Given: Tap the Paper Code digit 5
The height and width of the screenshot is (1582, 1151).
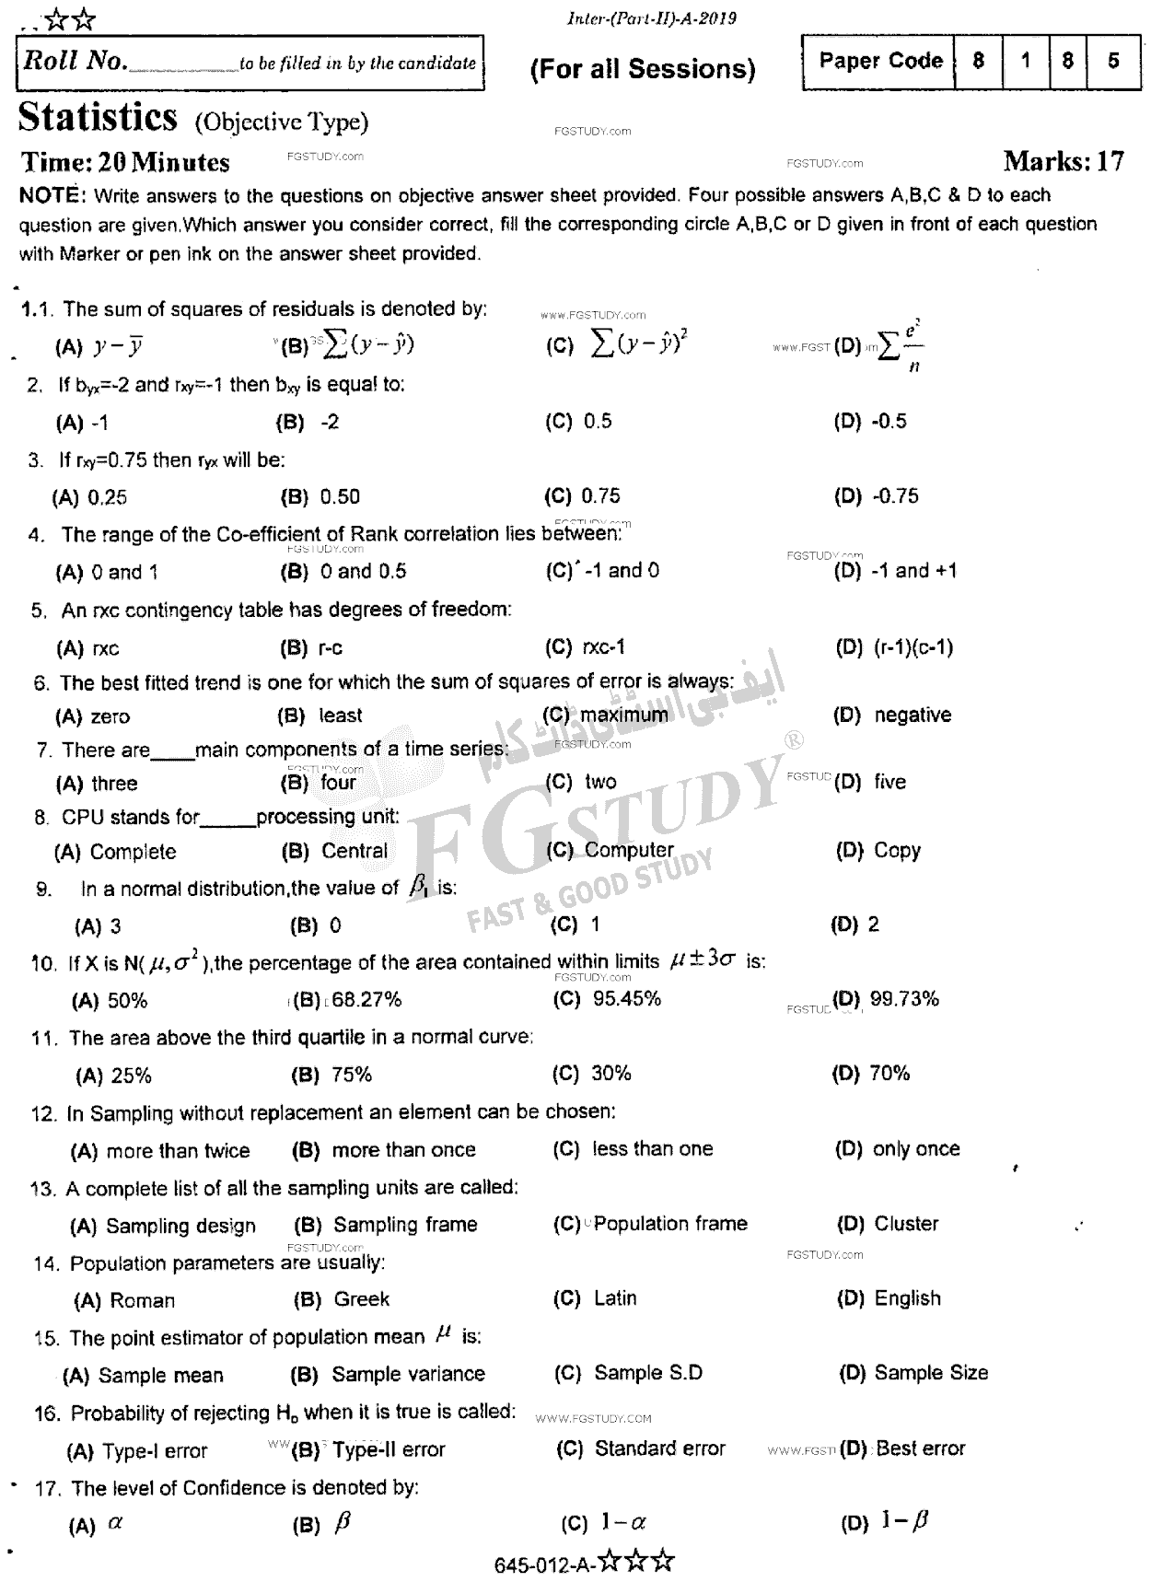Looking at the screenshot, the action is (x=1113, y=61).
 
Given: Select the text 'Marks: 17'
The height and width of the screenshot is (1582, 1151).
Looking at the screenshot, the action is (x=1064, y=162).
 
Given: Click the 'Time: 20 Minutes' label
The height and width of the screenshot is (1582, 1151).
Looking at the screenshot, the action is (x=125, y=163).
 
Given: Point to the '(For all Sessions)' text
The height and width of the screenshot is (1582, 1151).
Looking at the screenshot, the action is (x=643, y=69).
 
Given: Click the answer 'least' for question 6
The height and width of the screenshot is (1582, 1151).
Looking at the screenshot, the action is (x=340, y=715).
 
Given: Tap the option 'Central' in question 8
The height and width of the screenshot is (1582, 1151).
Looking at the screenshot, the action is (x=355, y=851).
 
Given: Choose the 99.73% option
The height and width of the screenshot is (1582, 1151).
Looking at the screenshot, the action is (x=903, y=999).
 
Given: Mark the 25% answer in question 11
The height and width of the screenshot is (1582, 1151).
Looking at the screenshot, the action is (x=131, y=1076).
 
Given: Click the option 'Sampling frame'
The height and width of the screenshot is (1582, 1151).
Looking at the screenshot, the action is (x=405, y=1225).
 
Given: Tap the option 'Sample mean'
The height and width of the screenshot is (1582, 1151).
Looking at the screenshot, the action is (x=160, y=1376).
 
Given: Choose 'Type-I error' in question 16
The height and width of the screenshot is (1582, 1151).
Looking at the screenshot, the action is (x=155, y=1451).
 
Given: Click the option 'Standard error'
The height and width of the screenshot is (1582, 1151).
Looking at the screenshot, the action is (x=659, y=1449).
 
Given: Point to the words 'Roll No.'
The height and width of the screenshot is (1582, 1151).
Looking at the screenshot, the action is (x=74, y=62).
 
